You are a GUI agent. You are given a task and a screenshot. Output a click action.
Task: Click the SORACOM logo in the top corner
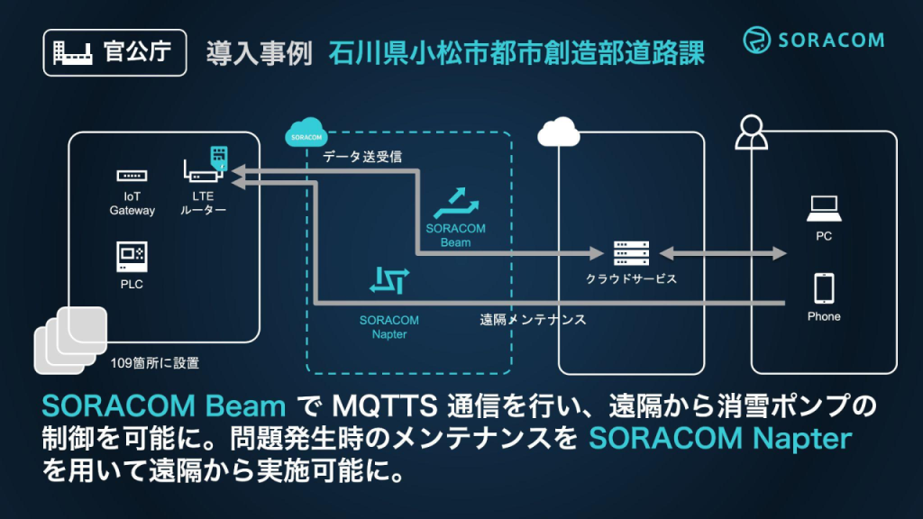click(814, 40)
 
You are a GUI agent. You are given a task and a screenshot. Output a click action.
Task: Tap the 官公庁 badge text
click(137, 51)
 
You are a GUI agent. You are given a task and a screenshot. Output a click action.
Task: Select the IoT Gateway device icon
click(132, 176)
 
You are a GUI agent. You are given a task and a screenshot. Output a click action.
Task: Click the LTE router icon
click(206, 164)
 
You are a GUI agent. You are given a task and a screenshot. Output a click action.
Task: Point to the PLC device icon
click(132, 257)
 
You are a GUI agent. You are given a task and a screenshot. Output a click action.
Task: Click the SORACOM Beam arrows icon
click(456, 203)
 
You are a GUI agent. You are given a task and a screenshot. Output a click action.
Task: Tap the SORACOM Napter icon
click(389, 280)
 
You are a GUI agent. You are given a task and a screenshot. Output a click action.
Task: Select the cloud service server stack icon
click(631, 253)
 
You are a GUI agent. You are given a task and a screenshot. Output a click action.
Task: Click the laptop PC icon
click(824, 208)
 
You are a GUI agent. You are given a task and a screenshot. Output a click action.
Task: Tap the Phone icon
click(824, 288)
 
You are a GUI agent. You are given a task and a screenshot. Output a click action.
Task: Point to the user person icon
click(751, 132)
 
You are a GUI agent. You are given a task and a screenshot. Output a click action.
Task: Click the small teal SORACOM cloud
click(306, 132)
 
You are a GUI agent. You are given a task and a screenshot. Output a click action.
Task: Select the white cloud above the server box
click(559, 132)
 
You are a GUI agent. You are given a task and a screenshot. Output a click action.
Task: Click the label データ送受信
click(362, 157)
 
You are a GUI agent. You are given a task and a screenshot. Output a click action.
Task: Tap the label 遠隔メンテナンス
click(533, 320)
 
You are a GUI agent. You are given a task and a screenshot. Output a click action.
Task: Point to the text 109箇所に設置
click(155, 363)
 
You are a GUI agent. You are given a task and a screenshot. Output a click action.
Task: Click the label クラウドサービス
click(631, 279)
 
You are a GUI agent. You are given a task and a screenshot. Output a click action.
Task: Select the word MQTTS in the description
click(384, 406)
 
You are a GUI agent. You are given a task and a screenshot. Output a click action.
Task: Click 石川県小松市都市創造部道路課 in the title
click(516, 53)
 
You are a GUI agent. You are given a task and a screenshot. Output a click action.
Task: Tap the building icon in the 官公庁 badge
click(72, 53)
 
